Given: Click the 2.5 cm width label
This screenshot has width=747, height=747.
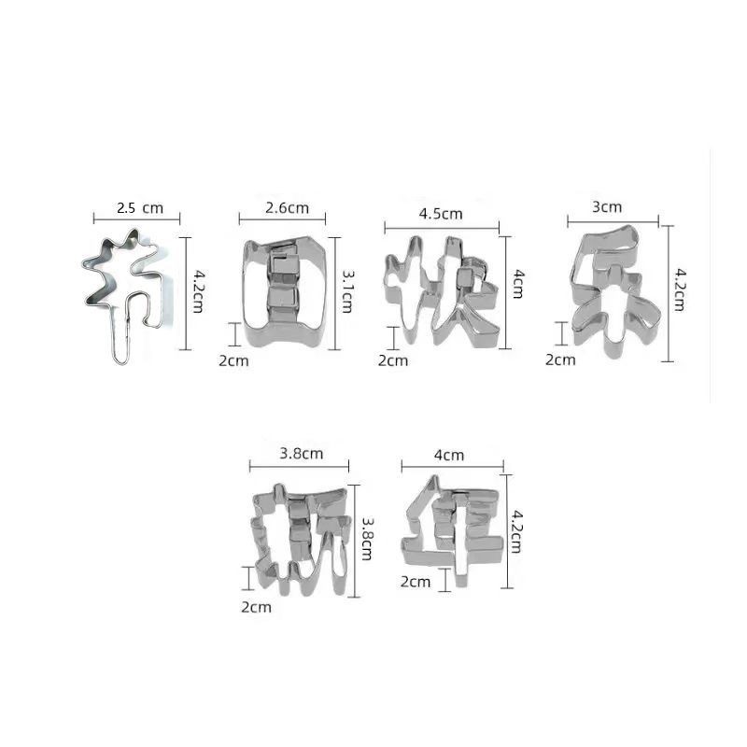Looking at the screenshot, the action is [139, 208].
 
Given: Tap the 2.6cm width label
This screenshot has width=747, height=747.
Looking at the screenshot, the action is [287, 208].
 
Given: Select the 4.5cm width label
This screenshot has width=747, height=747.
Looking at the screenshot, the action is [441, 214].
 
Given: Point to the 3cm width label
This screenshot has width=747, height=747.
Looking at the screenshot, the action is [607, 207].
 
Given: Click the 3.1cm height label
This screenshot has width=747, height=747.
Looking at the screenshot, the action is [347, 291].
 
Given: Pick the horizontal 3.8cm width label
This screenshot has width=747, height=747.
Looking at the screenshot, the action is [301, 454].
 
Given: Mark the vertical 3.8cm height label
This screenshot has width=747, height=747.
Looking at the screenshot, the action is [367, 539].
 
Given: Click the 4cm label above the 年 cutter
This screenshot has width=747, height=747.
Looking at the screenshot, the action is [449, 456].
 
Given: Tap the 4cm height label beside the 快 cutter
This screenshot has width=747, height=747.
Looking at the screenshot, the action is [518, 284].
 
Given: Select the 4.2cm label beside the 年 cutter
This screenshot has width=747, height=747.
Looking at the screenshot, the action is [515, 531].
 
